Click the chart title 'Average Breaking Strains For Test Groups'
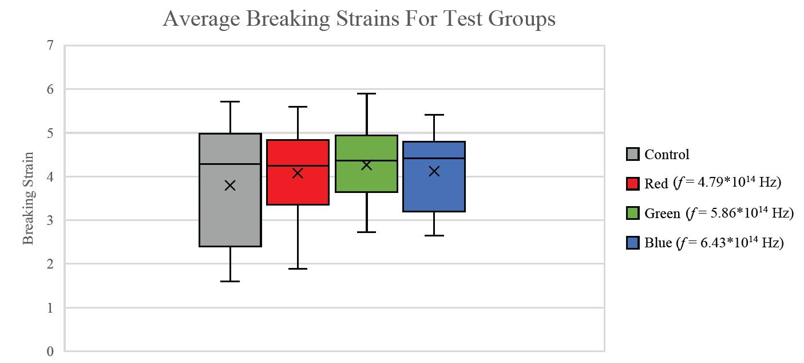pos(359,19)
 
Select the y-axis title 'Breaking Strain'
pos(29,198)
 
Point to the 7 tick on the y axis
pos(50,45)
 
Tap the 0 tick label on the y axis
pos(50,352)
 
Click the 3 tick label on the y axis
pos(50,220)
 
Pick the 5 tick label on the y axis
pos(50,133)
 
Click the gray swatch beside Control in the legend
pos(632,154)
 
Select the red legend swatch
pos(632,183)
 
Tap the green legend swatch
pos(632,213)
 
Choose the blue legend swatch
pos(632,243)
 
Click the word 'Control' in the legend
pos(667,154)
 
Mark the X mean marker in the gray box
pos(230,185)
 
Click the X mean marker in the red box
pos(298,173)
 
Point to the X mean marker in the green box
pos(366,165)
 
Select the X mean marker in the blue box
pos(434,171)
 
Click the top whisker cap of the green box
pos(366,93)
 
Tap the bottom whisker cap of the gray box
pos(230,281)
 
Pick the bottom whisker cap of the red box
pos(298,269)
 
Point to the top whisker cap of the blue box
pos(434,115)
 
